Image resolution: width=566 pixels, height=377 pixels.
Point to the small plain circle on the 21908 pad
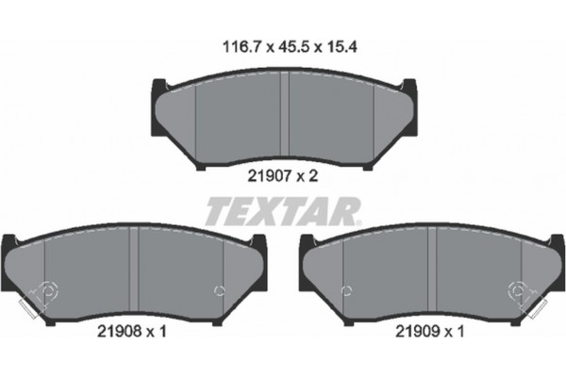(220, 289)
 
